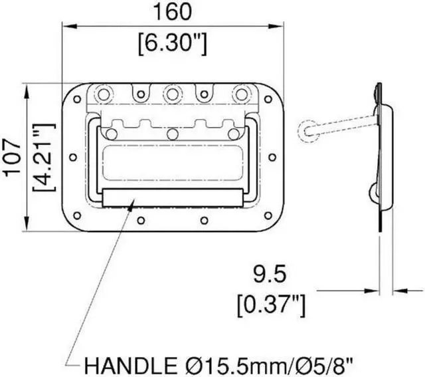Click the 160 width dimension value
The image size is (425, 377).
point(172,12)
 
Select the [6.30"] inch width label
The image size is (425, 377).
point(172,44)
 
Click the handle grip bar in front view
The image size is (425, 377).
point(172,197)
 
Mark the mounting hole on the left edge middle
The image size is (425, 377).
point(72,158)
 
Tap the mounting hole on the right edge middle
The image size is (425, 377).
point(272,158)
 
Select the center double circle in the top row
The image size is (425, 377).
point(172,94)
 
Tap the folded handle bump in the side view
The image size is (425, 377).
point(374,193)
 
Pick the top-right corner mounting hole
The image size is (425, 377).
point(267,100)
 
